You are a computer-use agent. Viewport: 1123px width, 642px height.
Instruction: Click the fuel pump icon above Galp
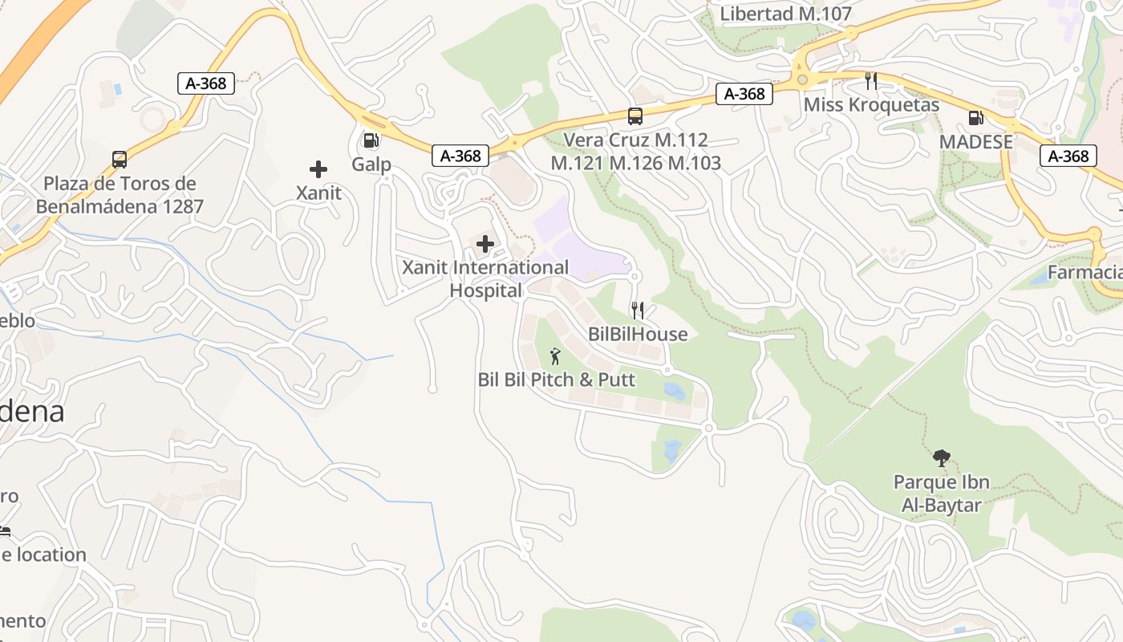(x=371, y=140)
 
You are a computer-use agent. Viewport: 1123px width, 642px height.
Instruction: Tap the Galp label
(x=371, y=165)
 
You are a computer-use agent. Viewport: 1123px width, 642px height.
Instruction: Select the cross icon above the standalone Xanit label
(x=318, y=169)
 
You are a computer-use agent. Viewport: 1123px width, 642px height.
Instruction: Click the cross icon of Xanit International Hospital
(x=485, y=244)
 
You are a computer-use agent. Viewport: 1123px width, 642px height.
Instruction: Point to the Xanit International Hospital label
(x=485, y=278)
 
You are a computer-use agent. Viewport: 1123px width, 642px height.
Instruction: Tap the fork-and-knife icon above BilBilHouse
(x=638, y=310)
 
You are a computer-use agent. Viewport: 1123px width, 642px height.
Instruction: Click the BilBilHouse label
(x=638, y=334)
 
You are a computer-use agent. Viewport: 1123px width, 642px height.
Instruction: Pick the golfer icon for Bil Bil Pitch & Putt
(x=555, y=356)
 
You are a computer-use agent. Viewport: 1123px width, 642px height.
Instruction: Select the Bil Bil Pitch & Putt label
(x=556, y=380)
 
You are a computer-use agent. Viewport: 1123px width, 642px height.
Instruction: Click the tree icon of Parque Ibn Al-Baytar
(x=942, y=458)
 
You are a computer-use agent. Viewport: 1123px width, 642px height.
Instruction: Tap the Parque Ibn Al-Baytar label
(x=942, y=494)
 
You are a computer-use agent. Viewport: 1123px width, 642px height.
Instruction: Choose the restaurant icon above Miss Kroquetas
(x=871, y=80)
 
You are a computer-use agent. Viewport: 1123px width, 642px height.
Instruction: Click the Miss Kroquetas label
(x=871, y=105)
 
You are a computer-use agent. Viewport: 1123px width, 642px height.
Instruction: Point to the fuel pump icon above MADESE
(x=976, y=118)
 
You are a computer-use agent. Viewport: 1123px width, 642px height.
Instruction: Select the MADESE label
(x=976, y=142)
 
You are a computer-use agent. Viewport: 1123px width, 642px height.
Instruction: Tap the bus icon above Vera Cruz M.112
(x=635, y=116)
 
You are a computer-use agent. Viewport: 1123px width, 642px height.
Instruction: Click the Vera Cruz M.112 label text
(x=635, y=140)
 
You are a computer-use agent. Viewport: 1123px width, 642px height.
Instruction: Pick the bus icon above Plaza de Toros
(x=120, y=160)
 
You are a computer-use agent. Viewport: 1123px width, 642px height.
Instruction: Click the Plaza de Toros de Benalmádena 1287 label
(x=120, y=195)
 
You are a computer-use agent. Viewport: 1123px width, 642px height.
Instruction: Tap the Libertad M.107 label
(x=785, y=14)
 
